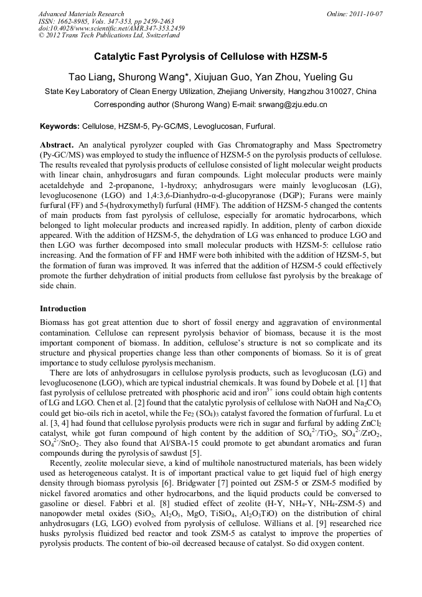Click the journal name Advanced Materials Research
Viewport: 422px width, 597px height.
[x=81, y=14]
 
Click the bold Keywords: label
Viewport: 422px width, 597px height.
[x=60, y=126]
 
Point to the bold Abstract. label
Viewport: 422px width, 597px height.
[x=57, y=144]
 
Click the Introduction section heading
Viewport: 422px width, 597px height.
[x=63, y=309]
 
